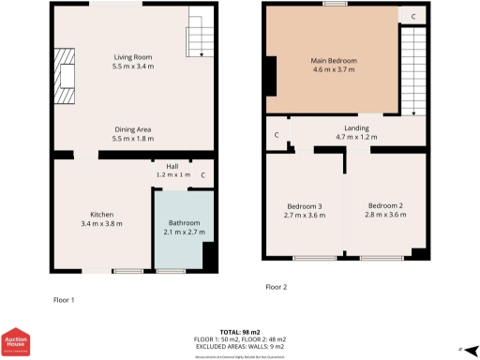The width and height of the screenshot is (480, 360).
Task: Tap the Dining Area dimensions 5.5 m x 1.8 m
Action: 132,139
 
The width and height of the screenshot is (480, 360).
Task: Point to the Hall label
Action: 172,166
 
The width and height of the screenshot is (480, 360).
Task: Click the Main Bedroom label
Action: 334,60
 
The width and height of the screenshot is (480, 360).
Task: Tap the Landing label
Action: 356,127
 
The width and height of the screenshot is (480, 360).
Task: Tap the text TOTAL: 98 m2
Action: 239,333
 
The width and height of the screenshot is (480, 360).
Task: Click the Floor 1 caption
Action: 64,299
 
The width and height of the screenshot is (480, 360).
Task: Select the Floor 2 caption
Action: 277,286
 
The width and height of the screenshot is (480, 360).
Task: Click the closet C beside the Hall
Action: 203,174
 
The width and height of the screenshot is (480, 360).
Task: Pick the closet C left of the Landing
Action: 277,135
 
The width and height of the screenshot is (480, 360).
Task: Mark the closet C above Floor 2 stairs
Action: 413,15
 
